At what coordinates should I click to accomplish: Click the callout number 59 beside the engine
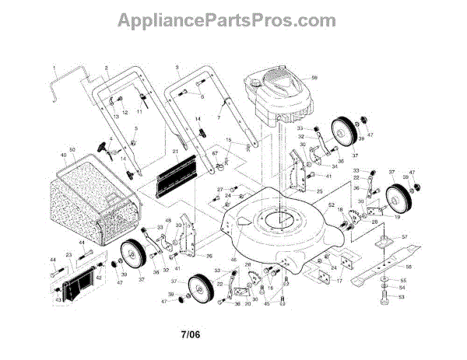pos(314,78)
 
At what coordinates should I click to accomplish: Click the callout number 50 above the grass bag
pos(72,149)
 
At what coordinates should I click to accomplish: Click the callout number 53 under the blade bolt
pos(402,296)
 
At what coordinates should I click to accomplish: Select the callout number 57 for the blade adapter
pos(404,235)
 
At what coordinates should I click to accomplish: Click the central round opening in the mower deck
pos(273,219)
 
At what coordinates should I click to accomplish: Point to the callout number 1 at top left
pos(54,68)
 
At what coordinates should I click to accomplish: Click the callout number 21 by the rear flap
pos(175,151)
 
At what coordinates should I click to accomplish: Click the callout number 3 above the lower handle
pos(177,68)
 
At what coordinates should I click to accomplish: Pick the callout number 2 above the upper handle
pos(105,68)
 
